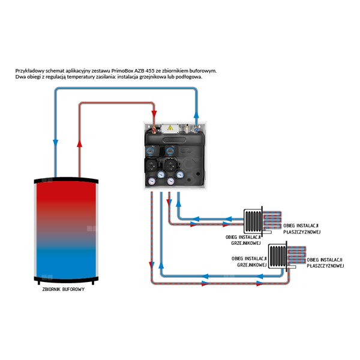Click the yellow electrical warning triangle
click(x=170, y=128)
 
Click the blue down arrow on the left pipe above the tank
click(x=55, y=143)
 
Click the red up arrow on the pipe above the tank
click(x=79, y=143)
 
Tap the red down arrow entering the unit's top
click(x=154, y=113)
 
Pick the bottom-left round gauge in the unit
click(x=155, y=178)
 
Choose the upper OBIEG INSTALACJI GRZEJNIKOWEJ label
click(x=243, y=240)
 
